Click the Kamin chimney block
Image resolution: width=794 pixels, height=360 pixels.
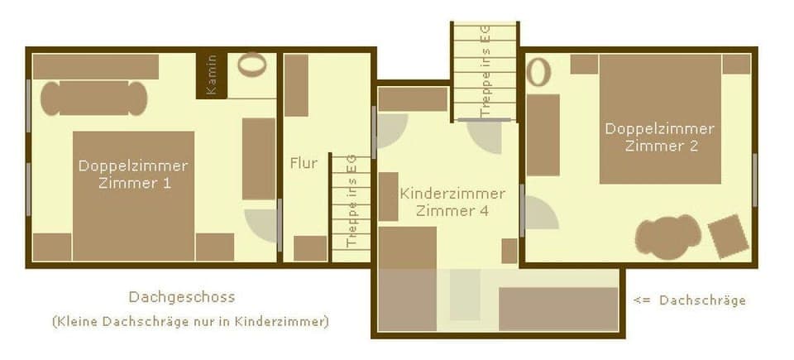point(211,75)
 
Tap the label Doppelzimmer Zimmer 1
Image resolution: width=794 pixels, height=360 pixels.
point(133,174)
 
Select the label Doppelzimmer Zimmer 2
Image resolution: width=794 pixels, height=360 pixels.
point(660,137)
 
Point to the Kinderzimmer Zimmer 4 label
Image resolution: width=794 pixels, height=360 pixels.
point(452,202)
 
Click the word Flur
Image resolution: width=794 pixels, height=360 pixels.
point(304,163)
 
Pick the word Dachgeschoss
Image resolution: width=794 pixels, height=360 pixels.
point(182,297)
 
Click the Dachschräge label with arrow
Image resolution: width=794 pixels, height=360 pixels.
point(690,300)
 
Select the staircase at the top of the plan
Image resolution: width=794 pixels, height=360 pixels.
point(485,71)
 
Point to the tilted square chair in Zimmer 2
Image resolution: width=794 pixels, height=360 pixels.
point(728,235)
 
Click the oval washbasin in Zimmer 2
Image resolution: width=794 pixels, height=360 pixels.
point(538,72)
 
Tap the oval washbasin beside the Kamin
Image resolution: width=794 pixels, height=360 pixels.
point(252,65)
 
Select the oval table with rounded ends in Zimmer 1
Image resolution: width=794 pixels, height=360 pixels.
point(94,98)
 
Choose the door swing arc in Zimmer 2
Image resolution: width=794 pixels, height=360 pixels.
point(541,214)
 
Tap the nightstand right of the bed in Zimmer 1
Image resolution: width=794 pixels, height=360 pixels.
point(215,247)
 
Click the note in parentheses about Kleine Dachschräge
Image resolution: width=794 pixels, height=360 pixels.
point(190,321)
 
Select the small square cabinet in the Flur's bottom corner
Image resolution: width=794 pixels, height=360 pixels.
point(310,248)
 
